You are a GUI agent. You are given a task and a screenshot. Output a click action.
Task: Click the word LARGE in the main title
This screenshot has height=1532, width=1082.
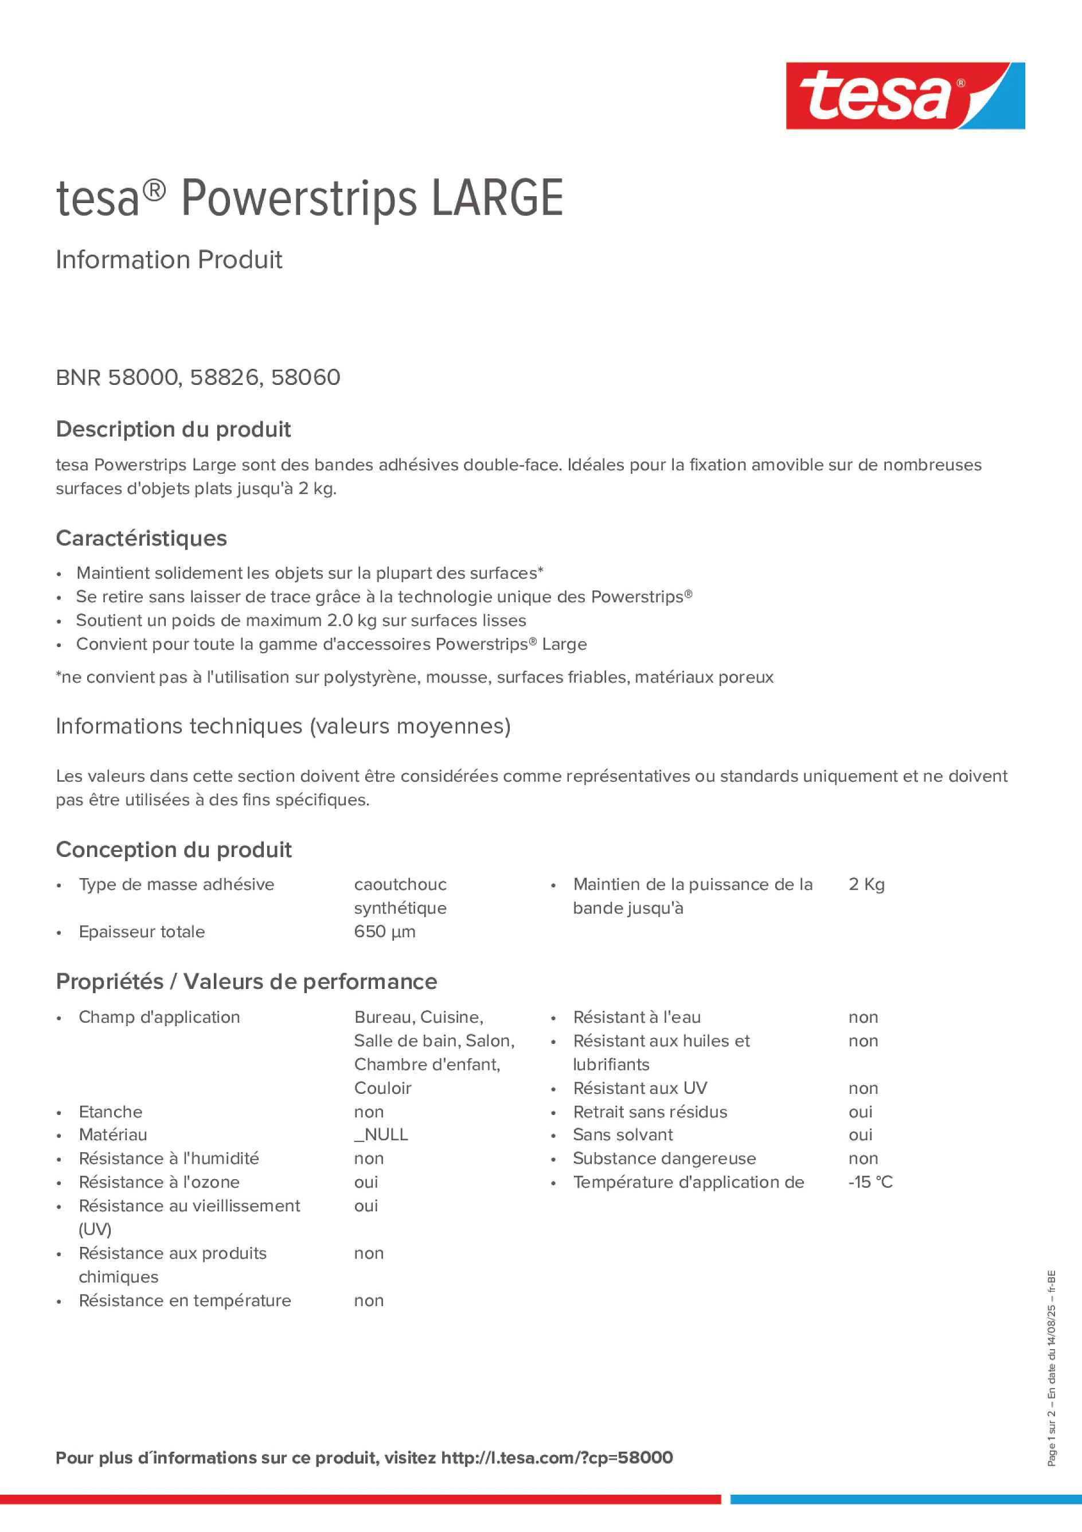497,198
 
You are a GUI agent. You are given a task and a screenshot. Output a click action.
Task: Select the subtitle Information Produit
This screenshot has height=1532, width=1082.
169,260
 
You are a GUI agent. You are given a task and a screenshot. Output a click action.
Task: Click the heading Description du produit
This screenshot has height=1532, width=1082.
173,429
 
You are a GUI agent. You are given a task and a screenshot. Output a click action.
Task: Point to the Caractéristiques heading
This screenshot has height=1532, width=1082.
142,538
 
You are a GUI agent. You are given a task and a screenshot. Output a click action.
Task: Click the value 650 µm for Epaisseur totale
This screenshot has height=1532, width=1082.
384,931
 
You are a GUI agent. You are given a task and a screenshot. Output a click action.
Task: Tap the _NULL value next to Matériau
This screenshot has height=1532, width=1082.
381,1135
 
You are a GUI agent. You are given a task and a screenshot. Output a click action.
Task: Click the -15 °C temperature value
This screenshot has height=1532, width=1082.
870,1182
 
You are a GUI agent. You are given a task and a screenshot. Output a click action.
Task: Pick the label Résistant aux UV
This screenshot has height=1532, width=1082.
640,1087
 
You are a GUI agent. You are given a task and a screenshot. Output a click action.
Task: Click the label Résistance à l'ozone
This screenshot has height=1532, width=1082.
159,1182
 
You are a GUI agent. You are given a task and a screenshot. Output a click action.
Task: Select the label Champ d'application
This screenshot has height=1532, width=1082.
159,1017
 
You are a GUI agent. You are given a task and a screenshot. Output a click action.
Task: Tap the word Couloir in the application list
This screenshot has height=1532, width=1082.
382,1087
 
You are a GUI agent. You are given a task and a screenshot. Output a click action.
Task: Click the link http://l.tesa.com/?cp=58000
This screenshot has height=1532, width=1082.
556,1457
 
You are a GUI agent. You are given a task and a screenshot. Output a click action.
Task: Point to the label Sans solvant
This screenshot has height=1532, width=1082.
622,1135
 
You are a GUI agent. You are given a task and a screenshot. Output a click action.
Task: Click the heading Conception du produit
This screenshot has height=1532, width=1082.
173,849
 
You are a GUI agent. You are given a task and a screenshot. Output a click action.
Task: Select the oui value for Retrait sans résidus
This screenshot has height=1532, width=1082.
860,1112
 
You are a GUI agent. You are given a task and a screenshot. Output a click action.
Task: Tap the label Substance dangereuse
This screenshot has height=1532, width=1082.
664,1159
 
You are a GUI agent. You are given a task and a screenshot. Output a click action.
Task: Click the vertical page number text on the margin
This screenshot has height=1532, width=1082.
1051,1368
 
